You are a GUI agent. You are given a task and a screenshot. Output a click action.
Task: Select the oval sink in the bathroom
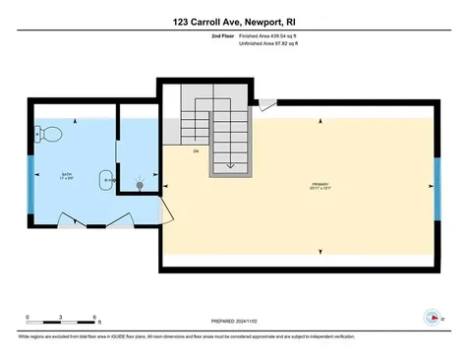[104, 180]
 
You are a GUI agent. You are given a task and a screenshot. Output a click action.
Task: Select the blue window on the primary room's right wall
[438, 184]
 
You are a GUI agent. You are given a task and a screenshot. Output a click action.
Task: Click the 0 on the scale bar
[29, 316]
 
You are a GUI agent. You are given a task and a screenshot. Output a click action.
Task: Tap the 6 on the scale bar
[93, 316]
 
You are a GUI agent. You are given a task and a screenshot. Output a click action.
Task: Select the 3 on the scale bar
[61, 316]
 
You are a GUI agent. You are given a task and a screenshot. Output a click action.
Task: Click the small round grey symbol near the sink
[140, 185]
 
